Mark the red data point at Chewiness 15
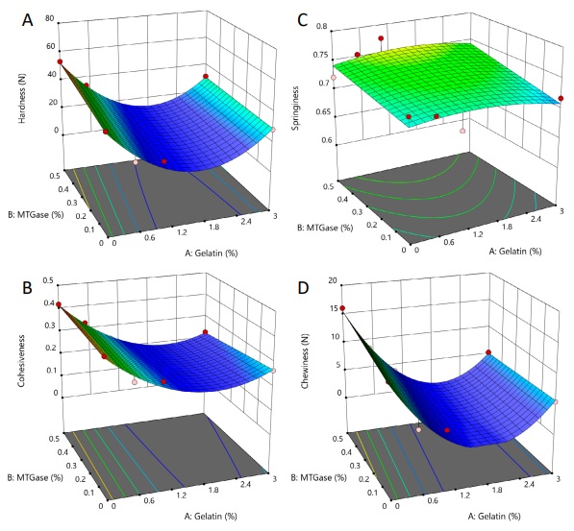coord(342,308)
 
